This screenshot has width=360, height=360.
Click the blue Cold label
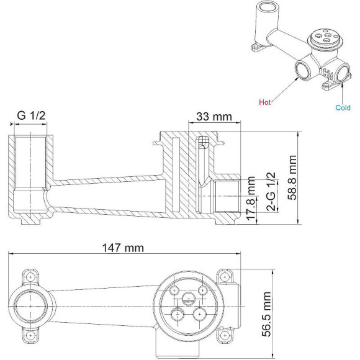(343, 107)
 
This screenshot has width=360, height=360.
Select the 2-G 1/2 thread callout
(271, 192)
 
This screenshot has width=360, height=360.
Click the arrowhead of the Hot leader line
(301, 75)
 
